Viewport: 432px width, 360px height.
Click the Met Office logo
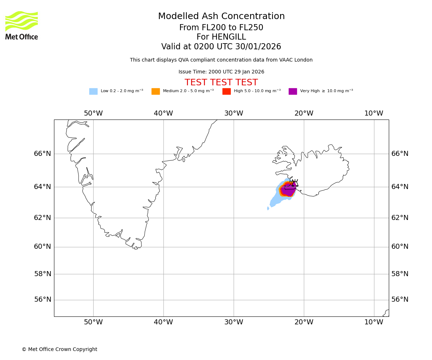tap(22, 25)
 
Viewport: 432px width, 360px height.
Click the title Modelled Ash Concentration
tap(221, 17)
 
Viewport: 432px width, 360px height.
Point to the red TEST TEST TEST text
tap(221, 82)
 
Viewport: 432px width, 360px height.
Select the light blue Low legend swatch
tap(93, 91)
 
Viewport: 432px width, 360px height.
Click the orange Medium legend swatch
tap(156, 91)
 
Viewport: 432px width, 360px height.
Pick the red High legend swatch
tap(226, 91)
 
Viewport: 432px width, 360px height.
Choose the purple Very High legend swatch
tap(293, 91)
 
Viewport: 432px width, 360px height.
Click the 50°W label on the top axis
tap(93, 113)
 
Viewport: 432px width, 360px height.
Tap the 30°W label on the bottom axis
tap(234, 322)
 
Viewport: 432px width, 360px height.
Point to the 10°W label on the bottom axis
tap(374, 322)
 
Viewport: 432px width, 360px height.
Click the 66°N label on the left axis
tap(42, 154)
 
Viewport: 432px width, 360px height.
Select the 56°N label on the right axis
tap(400, 300)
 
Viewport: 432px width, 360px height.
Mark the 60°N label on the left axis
tap(42, 247)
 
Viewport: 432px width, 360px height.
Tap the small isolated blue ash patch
tap(268, 208)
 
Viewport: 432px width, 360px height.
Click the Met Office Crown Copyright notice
tap(59, 349)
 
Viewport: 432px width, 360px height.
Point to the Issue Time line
tap(221, 72)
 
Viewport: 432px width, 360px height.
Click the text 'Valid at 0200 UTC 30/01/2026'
tap(221, 47)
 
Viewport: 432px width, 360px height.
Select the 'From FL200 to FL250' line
tap(221, 28)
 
